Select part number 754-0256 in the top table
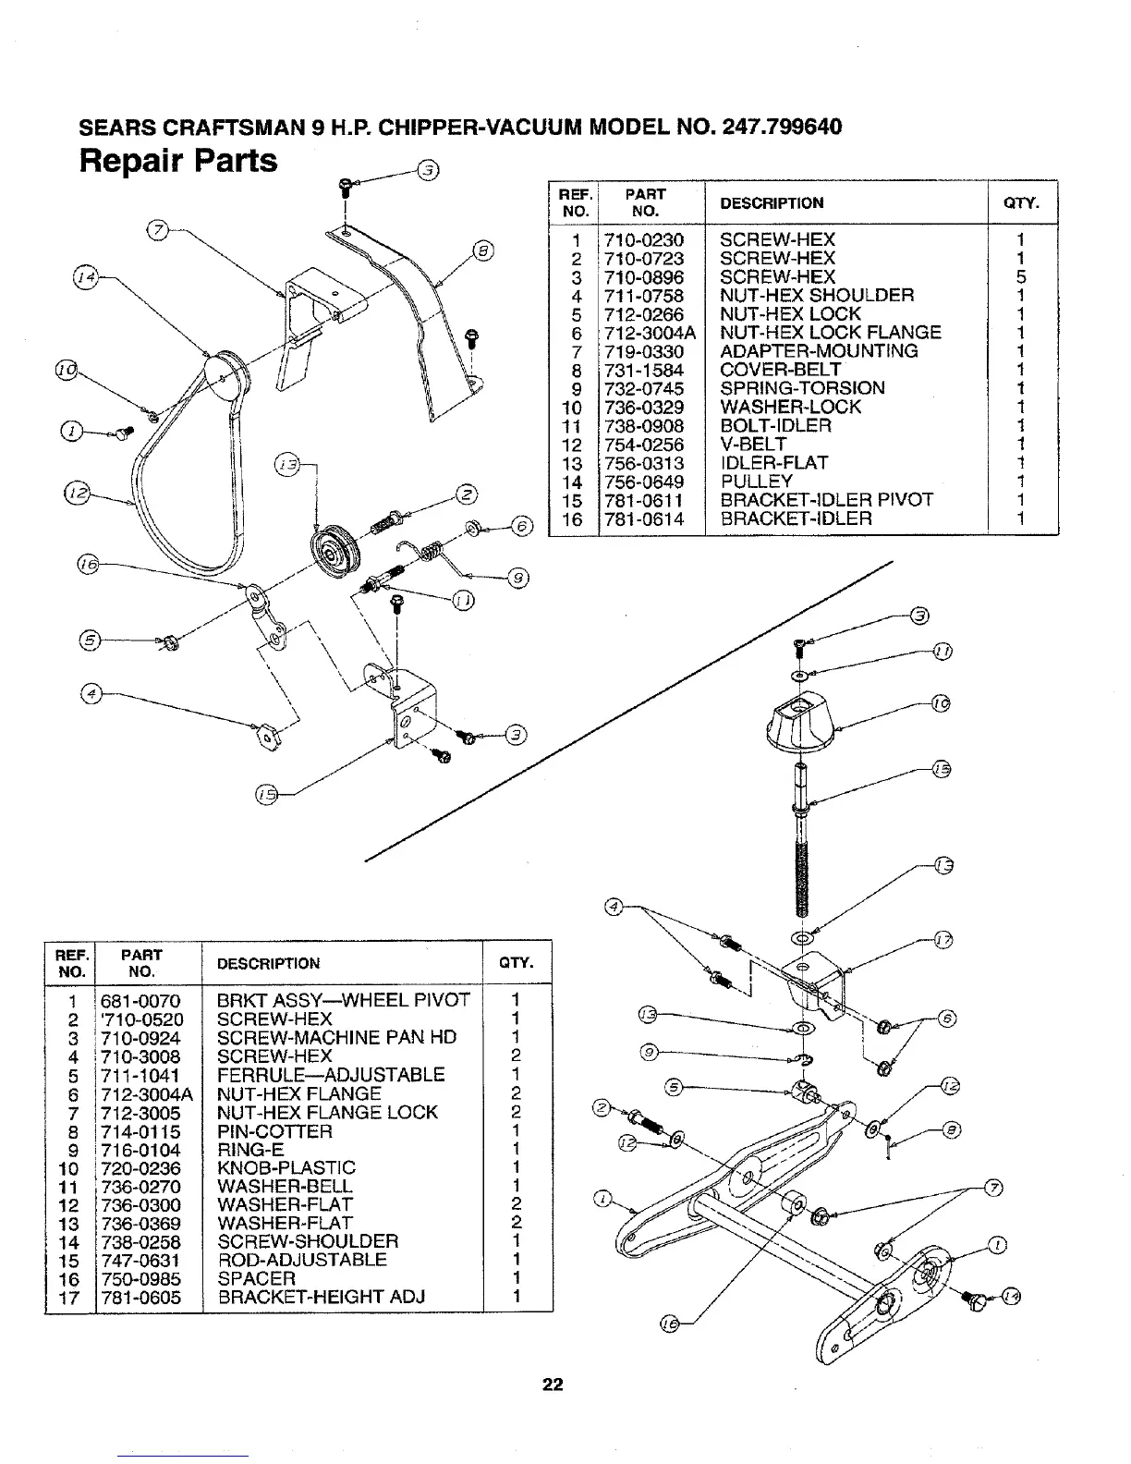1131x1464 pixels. [x=644, y=445]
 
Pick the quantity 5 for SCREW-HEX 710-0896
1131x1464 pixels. [x=1021, y=277]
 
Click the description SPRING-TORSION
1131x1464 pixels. [x=801, y=388]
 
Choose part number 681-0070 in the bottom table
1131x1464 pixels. [x=141, y=1001]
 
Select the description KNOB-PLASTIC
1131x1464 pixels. [x=286, y=1168]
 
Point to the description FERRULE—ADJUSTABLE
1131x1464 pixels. [x=330, y=1075]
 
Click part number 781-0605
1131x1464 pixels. [x=141, y=1298]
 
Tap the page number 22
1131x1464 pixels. [x=553, y=1385]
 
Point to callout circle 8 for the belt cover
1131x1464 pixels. [x=482, y=250]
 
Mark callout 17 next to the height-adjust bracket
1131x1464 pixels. [x=942, y=941]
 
